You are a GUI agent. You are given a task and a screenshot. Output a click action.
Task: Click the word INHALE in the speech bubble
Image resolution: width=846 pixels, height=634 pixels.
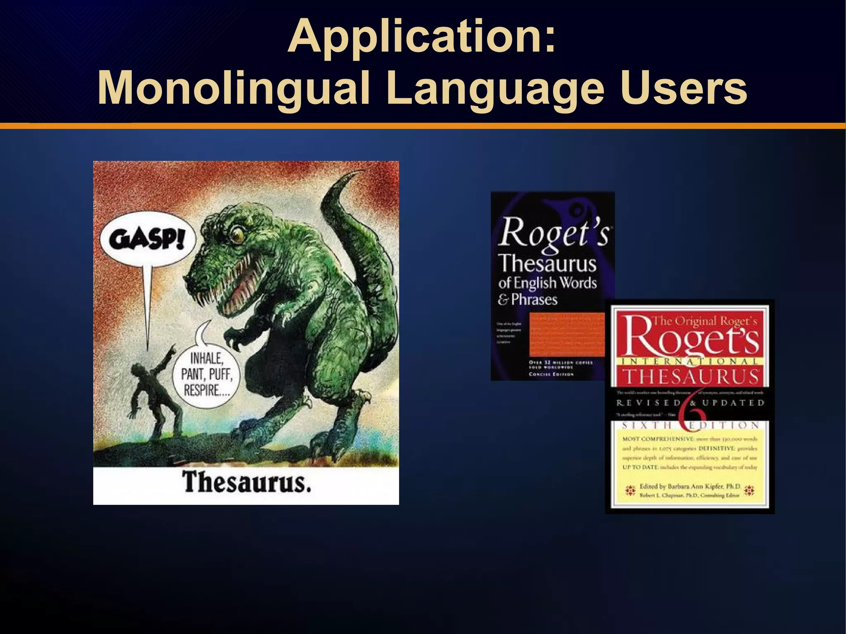tap(207, 359)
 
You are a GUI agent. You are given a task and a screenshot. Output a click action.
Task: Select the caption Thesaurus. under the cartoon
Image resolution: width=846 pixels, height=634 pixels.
tap(247, 482)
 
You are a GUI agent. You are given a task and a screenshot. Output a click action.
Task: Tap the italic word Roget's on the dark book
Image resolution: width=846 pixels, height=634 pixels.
tap(554, 233)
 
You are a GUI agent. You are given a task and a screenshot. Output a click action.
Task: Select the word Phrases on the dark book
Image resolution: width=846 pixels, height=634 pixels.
tap(534, 299)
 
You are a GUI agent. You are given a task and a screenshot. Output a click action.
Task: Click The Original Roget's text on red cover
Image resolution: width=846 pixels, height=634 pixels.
tap(704, 321)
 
